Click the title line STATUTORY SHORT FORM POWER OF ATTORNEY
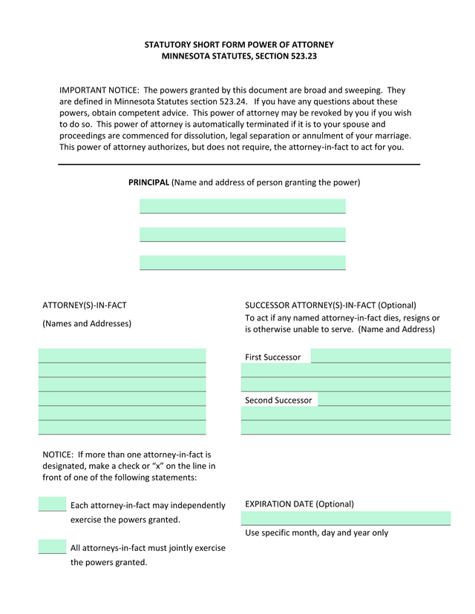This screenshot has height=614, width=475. pos(239,44)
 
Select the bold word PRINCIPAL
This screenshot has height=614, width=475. pos(148,182)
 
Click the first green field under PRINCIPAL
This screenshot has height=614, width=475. pos(243,205)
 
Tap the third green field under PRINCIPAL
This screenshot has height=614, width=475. pos(243,263)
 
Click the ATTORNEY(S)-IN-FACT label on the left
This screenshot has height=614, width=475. pos(79,305)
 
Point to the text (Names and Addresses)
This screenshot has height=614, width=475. pos(87,323)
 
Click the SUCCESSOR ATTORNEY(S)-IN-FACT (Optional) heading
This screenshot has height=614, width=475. pos(330,305)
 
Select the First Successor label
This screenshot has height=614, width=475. pos(272,357)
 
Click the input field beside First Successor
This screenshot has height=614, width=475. pos(380,356)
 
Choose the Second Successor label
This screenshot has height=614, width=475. pos(278,400)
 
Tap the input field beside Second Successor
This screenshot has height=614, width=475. pos(384,400)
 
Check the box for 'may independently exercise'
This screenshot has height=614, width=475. pos(52,504)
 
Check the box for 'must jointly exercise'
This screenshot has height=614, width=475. pos(52,547)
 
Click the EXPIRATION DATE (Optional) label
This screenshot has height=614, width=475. pos(299,504)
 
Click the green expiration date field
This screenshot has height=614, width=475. pos(345,518)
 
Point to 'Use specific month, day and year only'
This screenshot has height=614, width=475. pos(316,532)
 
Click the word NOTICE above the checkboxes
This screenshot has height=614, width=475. pos(57,454)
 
